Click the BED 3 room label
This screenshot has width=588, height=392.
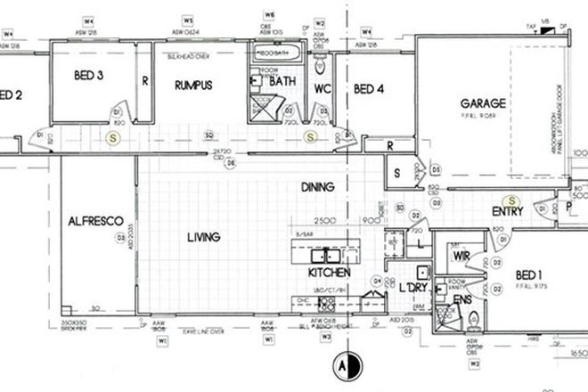89,78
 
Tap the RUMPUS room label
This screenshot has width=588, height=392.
192,86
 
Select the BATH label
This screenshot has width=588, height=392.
284,81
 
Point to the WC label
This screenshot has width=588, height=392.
323,88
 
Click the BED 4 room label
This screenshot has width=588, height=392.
369,88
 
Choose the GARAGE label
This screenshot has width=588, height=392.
483,103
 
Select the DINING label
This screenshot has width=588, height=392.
317,187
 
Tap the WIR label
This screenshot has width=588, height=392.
461,256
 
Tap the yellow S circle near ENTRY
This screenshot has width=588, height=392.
511,201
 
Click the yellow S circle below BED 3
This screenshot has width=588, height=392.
112,137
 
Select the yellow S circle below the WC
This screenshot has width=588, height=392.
311,136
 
